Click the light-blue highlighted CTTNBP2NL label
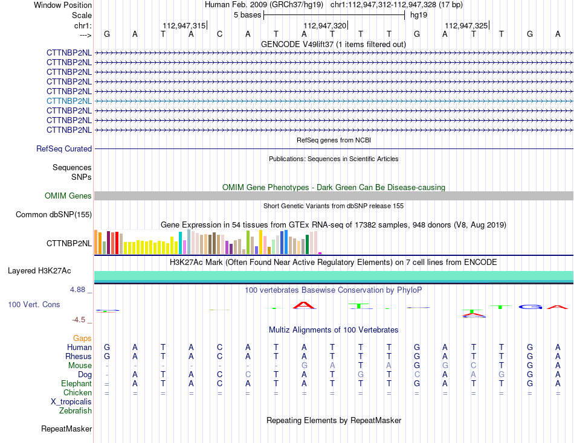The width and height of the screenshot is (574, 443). pyautogui.click(x=69, y=101)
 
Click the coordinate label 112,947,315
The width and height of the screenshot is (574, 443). pyautogui.click(x=184, y=25)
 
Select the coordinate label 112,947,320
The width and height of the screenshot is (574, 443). pyautogui.click(x=324, y=25)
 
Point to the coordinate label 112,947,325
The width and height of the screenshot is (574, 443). pyautogui.click(x=466, y=25)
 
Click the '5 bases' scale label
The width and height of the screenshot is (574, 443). pyautogui.click(x=248, y=15)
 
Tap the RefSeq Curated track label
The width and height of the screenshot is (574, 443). pyautogui.click(x=64, y=149)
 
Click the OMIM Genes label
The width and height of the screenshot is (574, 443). pyautogui.click(x=68, y=196)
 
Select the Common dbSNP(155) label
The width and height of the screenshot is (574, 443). pyautogui.click(x=54, y=214)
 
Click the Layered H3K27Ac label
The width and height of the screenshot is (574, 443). pyautogui.click(x=39, y=271)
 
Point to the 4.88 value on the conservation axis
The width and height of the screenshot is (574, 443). pyautogui.click(x=77, y=290)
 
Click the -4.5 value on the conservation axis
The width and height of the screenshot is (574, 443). pyautogui.click(x=79, y=320)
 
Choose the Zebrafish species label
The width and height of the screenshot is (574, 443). pyautogui.click(x=76, y=411)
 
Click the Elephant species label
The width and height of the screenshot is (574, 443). pyautogui.click(x=77, y=383)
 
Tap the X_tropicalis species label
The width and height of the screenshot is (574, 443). pyautogui.click(x=71, y=402)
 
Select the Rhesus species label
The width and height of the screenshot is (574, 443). pyautogui.click(x=79, y=356)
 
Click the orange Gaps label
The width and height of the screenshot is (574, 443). pyautogui.click(x=82, y=339)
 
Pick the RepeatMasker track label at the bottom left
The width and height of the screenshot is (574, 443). pyautogui.click(x=66, y=429)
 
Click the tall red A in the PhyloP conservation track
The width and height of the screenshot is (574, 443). pyautogui.click(x=304, y=305)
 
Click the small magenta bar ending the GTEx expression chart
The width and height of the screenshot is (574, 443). pyautogui.click(x=320, y=253)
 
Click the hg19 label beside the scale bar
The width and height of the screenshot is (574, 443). pyautogui.click(x=419, y=15)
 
